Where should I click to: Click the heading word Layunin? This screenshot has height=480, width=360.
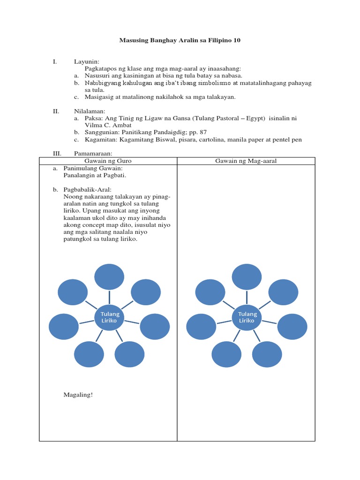(x=86, y=61)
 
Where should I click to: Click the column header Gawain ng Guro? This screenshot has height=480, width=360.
(x=108, y=161)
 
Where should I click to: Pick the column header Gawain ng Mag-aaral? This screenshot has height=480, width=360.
(x=246, y=161)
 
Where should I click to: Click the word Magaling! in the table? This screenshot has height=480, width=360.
(x=78, y=395)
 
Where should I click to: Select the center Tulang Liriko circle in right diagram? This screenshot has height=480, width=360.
(x=247, y=317)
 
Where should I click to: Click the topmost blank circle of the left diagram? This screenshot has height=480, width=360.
(x=109, y=277)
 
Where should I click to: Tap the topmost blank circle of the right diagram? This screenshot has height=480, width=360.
(x=247, y=277)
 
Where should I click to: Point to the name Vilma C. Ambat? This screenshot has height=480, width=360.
(x=109, y=125)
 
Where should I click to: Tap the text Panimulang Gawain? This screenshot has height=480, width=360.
(x=92, y=168)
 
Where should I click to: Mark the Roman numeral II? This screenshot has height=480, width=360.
(x=55, y=112)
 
